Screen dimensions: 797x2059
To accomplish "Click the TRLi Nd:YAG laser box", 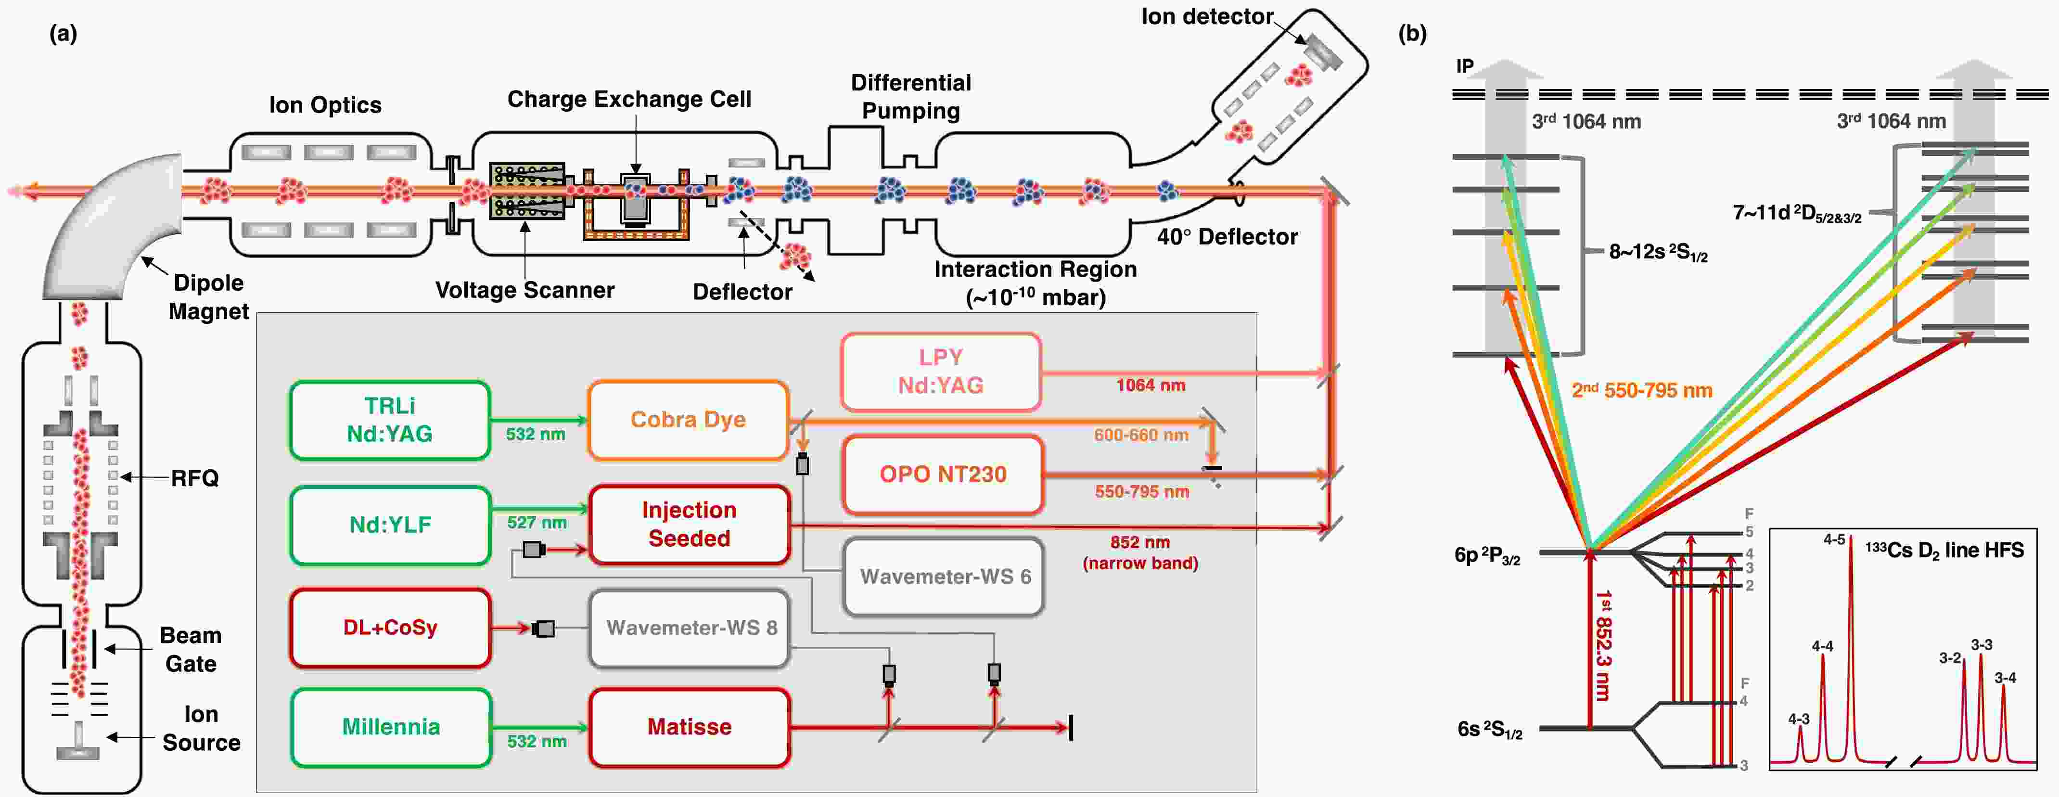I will click(x=390, y=420).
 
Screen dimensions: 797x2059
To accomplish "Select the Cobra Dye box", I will click(x=688, y=420).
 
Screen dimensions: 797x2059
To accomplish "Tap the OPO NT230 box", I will click(x=943, y=474).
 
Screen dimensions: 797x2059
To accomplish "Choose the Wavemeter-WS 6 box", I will click(x=944, y=577).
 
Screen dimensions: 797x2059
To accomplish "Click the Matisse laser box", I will click(x=689, y=727).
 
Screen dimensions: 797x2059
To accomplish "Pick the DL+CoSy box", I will click(x=390, y=628).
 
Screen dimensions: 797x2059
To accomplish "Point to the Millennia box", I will click(x=391, y=727).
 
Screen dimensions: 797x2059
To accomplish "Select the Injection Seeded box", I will click(x=689, y=525).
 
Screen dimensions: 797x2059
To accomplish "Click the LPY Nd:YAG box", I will click(x=941, y=372).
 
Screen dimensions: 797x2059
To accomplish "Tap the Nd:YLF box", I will click(x=390, y=525).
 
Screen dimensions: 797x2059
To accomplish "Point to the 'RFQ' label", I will click(x=194, y=478).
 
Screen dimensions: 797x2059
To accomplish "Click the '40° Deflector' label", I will click(x=1227, y=237).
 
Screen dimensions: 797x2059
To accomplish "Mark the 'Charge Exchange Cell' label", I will click(x=629, y=99).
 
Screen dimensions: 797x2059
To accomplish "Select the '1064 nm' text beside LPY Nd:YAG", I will click(x=1150, y=386).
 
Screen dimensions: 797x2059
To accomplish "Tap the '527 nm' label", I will click(x=537, y=523).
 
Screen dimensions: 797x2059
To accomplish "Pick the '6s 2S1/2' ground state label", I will click(x=1490, y=730).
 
